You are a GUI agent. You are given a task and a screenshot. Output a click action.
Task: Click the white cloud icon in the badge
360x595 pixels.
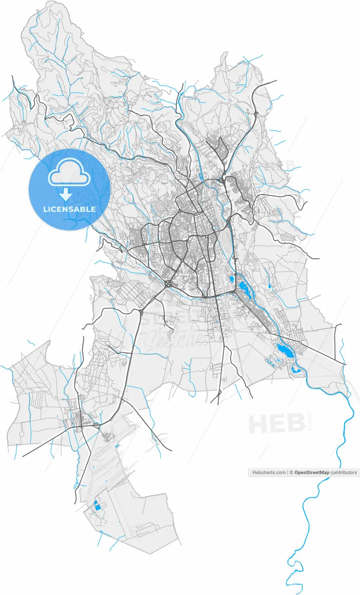pyautogui.click(x=69, y=172)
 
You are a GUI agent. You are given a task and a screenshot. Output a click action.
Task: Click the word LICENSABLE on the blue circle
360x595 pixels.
pyautogui.click(x=69, y=209)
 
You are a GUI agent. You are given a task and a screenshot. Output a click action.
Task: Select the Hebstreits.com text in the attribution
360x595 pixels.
pyautogui.click(x=269, y=472)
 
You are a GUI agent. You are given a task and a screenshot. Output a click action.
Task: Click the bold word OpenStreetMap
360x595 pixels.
pyautogui.click(x=312, y=472)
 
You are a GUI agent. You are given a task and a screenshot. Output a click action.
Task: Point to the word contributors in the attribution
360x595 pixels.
pyautogui.click(x=344, y=472)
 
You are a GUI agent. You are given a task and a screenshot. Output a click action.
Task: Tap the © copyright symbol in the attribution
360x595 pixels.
pyautogui.click(x=291, y=472)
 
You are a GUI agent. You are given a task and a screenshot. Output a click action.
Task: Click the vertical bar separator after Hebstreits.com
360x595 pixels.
pyautogui.click(x=287, y=472)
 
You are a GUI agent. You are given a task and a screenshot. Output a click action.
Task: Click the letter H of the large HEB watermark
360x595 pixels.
pyautogui.click(x=259, y=424)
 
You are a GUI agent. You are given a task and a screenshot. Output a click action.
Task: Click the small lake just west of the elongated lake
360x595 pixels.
pyautogui.click(x=231, y=279)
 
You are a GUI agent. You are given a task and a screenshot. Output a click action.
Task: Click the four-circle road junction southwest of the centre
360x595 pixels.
pyautogui.click(x=167, y=283)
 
